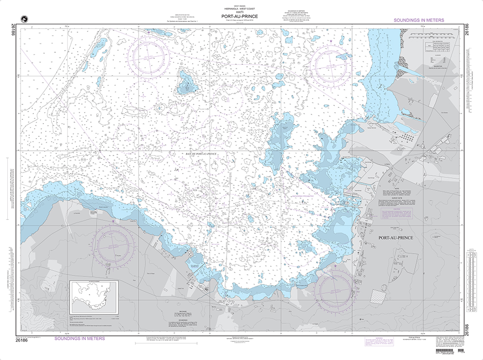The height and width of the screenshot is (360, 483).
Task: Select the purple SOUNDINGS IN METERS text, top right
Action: tap(418, 20)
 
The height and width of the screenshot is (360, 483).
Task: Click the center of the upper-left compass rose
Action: tap(149, 58)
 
